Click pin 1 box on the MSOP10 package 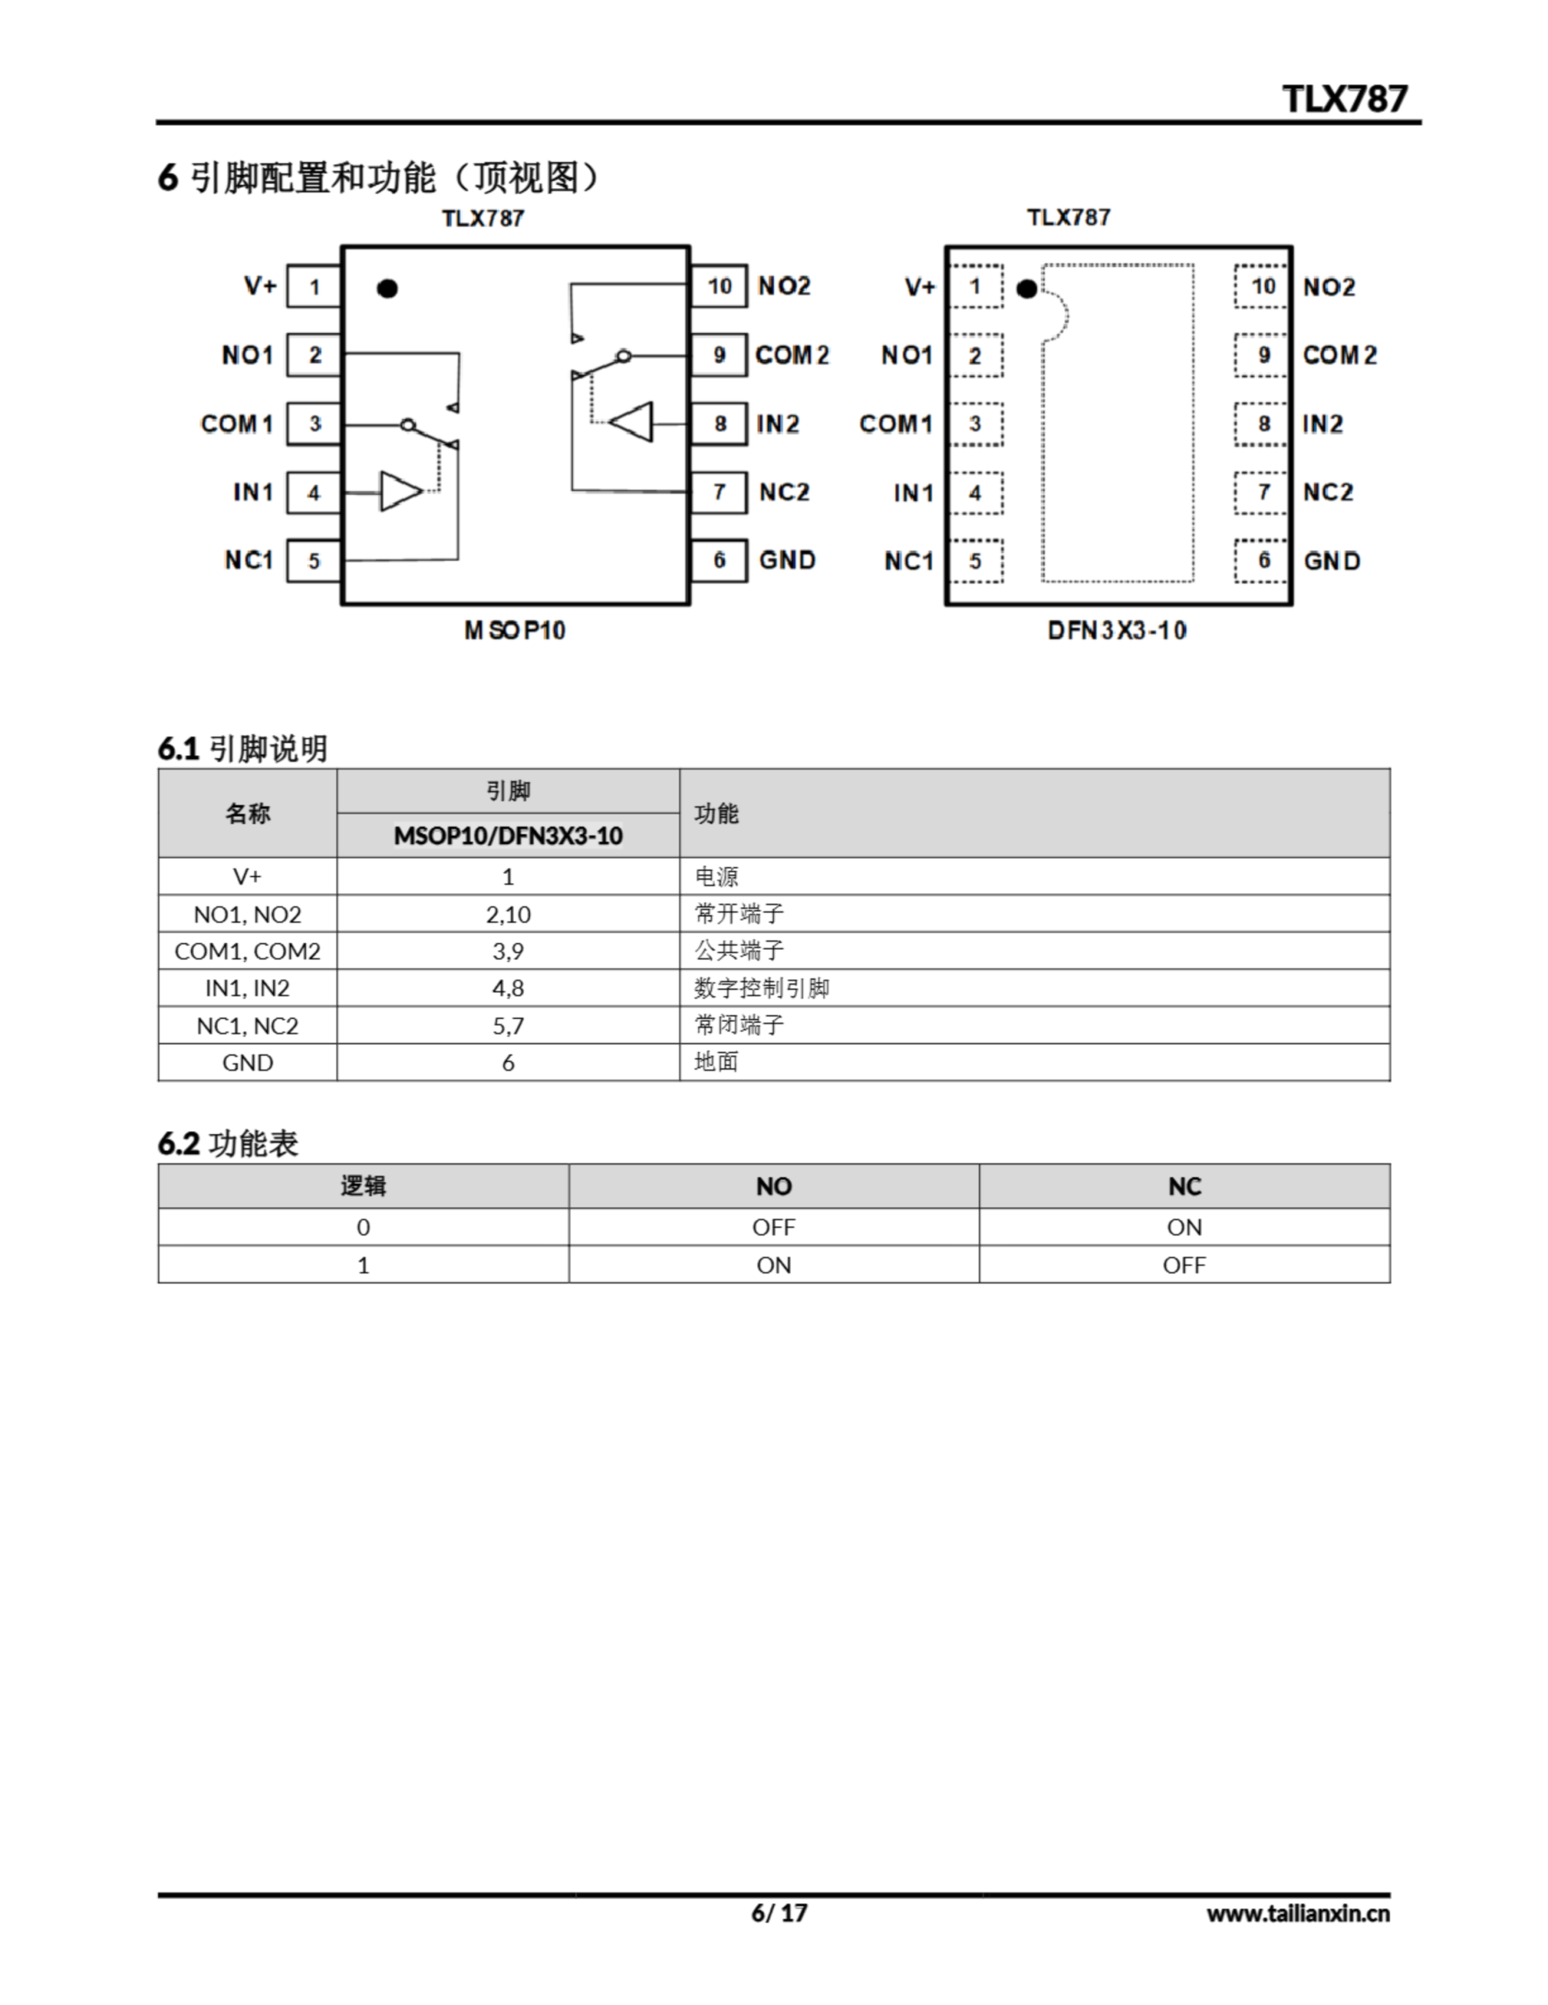(314, 287)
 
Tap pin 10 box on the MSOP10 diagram (718, 287)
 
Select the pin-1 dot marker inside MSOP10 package (387, 288)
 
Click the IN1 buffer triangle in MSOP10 (399, 491)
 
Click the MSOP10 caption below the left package (515, 630)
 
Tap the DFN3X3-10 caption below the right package (1117, 630)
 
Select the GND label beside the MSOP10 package (787, 560)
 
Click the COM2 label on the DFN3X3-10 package (1339, 356)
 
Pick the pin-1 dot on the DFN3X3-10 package (1027, 289)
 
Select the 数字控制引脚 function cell (761, 988)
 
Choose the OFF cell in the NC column (1184, 1265)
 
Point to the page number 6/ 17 (779, 1913)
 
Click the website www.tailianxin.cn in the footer (1297, 1913)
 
